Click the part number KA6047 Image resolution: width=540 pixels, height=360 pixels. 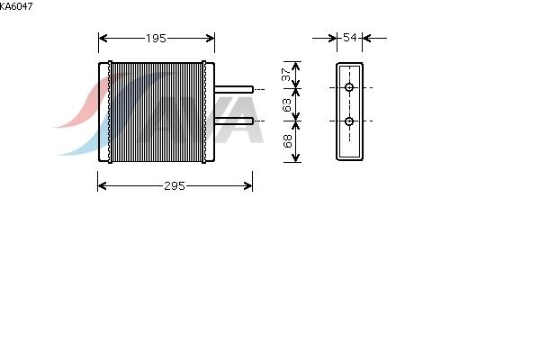[16, 6]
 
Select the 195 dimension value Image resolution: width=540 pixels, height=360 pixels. [156, 38]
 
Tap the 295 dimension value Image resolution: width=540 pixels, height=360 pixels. [175, 186]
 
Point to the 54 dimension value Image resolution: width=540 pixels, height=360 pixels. [350, 37]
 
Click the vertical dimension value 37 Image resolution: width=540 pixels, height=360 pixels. [286, 75]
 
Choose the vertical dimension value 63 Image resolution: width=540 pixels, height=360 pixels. [286, 104]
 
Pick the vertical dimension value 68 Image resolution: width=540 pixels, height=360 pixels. [287, 141]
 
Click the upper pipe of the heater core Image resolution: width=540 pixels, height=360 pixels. [234, 90]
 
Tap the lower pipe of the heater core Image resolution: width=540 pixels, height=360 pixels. [234, 121]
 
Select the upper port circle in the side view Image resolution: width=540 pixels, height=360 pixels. [349, 87]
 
